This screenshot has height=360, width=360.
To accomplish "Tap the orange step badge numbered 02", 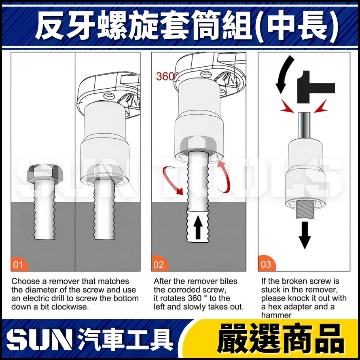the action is tap(159, 264).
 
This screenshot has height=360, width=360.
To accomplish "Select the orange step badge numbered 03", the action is tap(266, 264).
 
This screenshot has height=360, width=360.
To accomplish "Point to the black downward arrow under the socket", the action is tap(305, 235).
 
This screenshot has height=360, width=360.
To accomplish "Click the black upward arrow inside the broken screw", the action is tap(198, 228).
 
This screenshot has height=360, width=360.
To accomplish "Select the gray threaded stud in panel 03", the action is tap(305, 209).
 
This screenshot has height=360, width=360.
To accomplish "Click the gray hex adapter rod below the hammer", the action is tap(305, 125).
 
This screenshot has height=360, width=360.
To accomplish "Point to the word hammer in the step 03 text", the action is tap(276, 315).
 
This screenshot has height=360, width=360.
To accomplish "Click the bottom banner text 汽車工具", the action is tap(125, 340).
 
